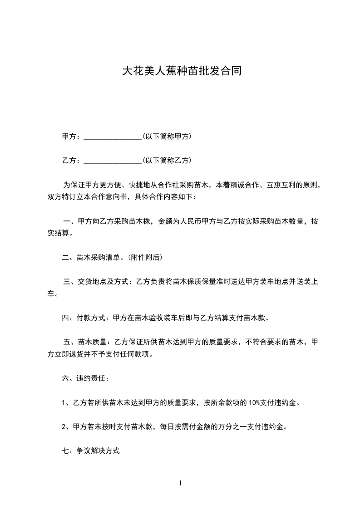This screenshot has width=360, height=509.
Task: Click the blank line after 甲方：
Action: point(113,137)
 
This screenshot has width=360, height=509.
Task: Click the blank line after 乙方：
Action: point(113,161)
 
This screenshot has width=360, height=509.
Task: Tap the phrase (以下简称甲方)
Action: point(167,137)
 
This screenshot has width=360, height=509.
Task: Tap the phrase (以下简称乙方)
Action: point(167,161)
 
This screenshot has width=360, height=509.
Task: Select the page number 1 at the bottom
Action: point(180,483)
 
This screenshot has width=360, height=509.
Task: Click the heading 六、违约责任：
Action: point(85,378)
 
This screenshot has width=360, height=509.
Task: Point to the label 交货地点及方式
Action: point(104,282)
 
